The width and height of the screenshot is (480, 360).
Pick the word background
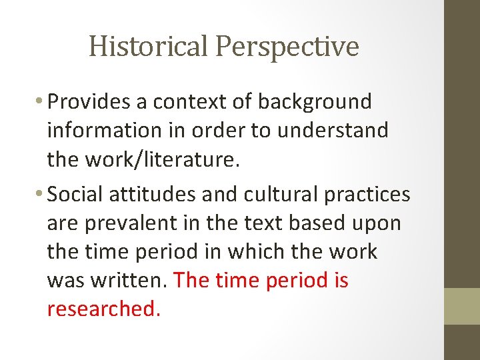315,102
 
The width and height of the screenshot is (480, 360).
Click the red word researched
103,309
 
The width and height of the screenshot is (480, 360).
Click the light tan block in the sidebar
462,306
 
